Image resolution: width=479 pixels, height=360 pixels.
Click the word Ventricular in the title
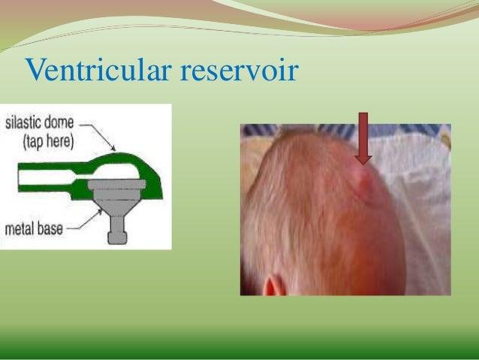pos(98,71)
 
